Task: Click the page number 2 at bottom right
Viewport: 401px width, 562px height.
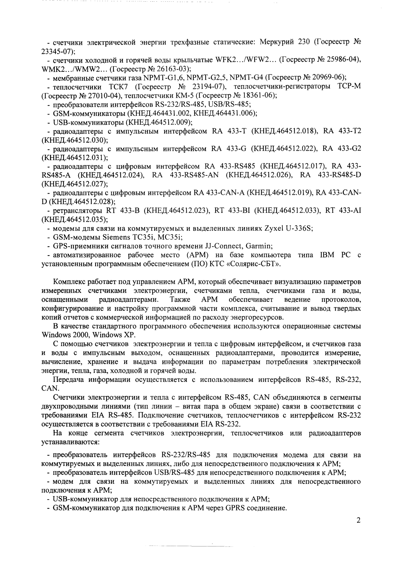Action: click(358, 520)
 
